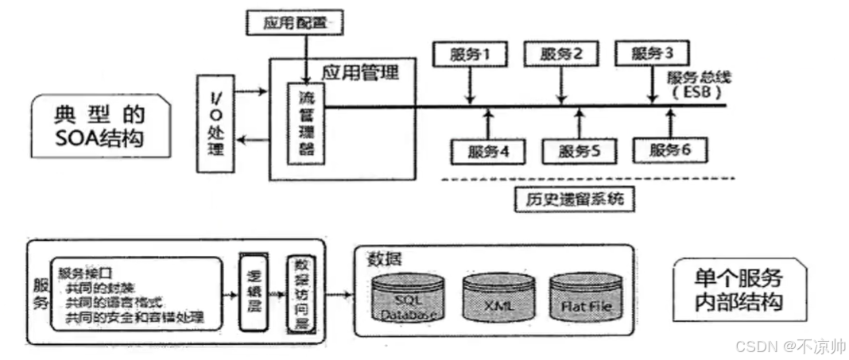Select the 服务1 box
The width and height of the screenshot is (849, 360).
pos(469,54)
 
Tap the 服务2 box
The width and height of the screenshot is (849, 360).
pos(561,54)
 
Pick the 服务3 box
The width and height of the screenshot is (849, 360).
pos(653,54)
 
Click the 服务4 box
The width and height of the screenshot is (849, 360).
pos(487,150)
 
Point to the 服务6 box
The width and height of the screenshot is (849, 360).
pos(671,150)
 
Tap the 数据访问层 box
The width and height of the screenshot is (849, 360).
pos(300,295)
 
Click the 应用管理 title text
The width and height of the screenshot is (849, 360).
pos(359,73)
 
